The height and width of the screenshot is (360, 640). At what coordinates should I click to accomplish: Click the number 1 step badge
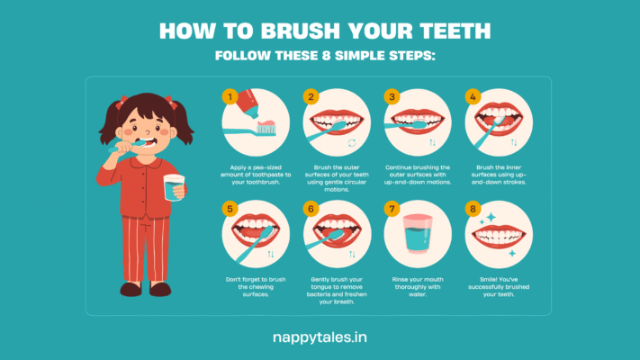(230, 96)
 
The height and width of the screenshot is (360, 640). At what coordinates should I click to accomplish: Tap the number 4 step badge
(473, 96)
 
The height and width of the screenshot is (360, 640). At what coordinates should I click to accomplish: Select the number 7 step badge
(392, 209)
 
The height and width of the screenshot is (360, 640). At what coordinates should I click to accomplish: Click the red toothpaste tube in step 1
(248, 103)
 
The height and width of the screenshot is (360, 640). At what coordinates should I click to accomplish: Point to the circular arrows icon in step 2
(352, 142)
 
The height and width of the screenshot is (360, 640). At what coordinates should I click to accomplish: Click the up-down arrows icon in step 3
(432, 142)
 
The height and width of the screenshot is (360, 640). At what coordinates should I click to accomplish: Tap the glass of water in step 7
(418, 234)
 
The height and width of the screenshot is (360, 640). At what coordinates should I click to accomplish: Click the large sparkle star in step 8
(491, 217)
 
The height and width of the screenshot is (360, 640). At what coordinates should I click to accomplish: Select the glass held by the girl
(174, 187)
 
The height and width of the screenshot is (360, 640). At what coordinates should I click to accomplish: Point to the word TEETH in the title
(455, 31)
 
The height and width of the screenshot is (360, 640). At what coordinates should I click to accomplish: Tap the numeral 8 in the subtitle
(326, 56)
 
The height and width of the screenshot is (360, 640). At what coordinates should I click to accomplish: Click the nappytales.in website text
(320, 337)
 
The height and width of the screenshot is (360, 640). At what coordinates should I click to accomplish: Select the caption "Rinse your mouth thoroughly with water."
(418, 287)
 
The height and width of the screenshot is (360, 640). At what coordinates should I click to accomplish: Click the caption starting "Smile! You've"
(499, 287)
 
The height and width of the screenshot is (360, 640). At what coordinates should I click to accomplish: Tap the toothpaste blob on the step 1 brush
(266, 123)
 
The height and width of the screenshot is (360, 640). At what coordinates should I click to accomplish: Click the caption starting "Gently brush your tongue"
(337, 291)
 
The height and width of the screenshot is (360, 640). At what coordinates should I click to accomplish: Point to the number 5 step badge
(230, 209)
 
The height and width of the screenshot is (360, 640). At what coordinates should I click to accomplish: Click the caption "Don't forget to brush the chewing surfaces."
(256, 287)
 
